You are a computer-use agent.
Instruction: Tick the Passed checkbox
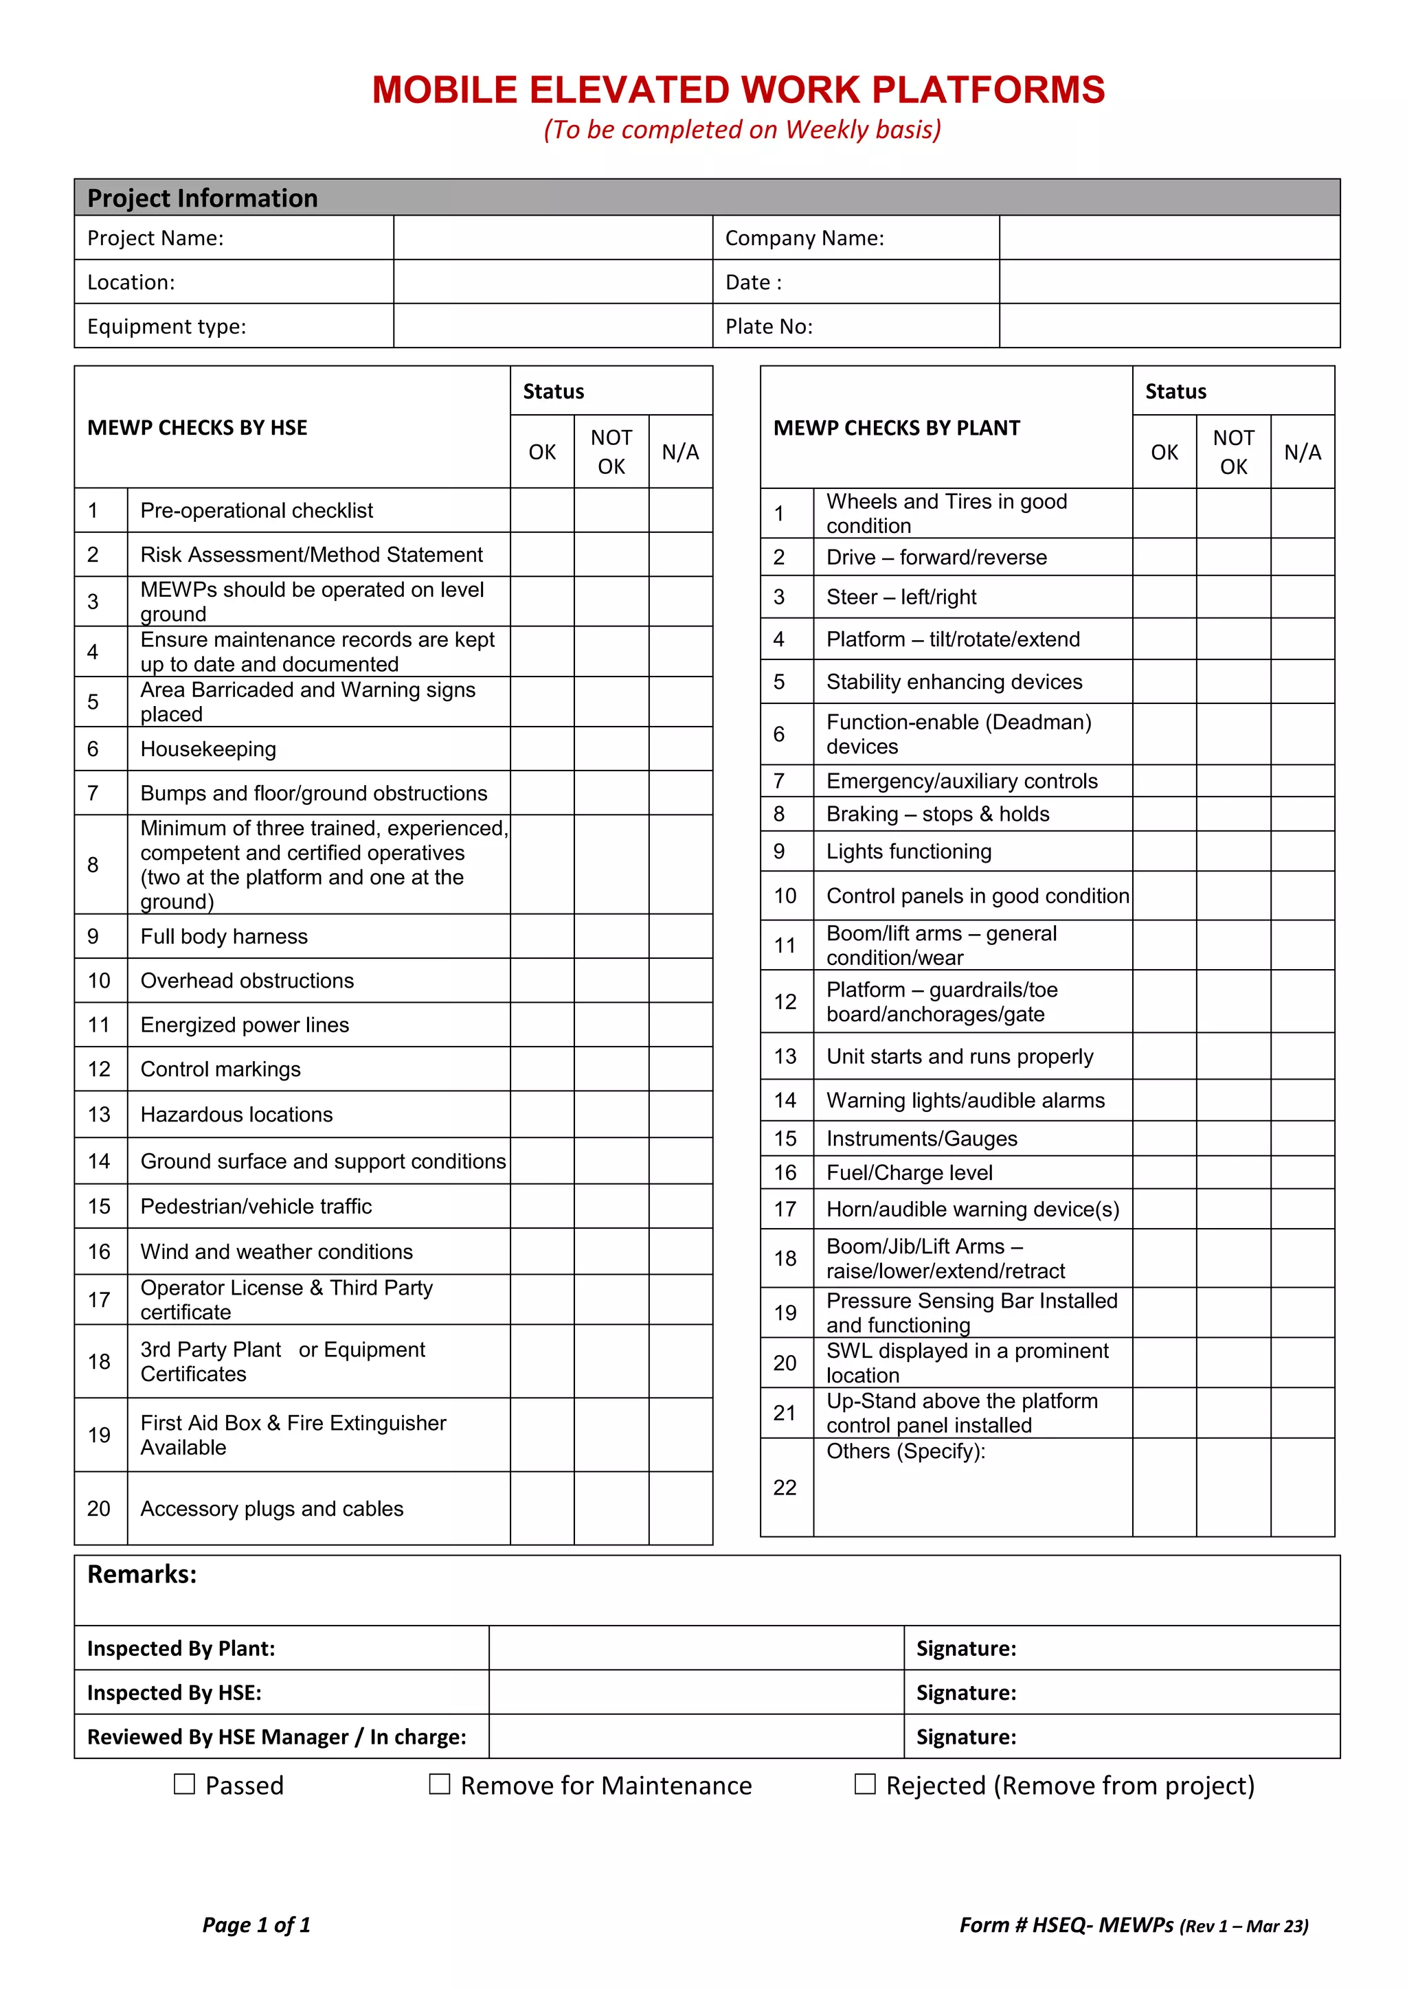click(183, 1784)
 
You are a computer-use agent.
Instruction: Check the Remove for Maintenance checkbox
click(439, 1784)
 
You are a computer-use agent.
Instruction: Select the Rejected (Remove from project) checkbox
click(865, 1784)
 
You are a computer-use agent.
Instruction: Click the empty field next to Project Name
click(553, 238)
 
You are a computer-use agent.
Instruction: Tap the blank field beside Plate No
click(1169, 327)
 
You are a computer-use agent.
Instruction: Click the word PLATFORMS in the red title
click(988, 90)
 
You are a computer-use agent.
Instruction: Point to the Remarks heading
click(142, 1574)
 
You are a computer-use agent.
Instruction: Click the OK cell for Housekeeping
click(541, 749)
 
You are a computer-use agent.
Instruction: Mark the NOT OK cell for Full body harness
click(611, 936)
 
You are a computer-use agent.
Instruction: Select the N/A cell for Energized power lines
click(680, 1025)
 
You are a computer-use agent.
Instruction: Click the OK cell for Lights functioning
click(1164, 852)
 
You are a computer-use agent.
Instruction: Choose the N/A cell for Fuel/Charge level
click(1302, 1172)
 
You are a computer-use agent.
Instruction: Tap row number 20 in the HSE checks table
click(100, 1508)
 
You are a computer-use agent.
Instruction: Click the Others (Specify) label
click(905, 1451)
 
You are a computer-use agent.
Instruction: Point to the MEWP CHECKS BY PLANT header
click(896, 428)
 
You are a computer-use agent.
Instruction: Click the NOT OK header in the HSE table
click(611, 451)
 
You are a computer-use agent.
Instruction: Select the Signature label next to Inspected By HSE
click(966, 1693)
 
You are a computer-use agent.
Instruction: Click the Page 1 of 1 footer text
click(256, 1925)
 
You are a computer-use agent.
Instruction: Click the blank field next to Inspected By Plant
click(696, 1648)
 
